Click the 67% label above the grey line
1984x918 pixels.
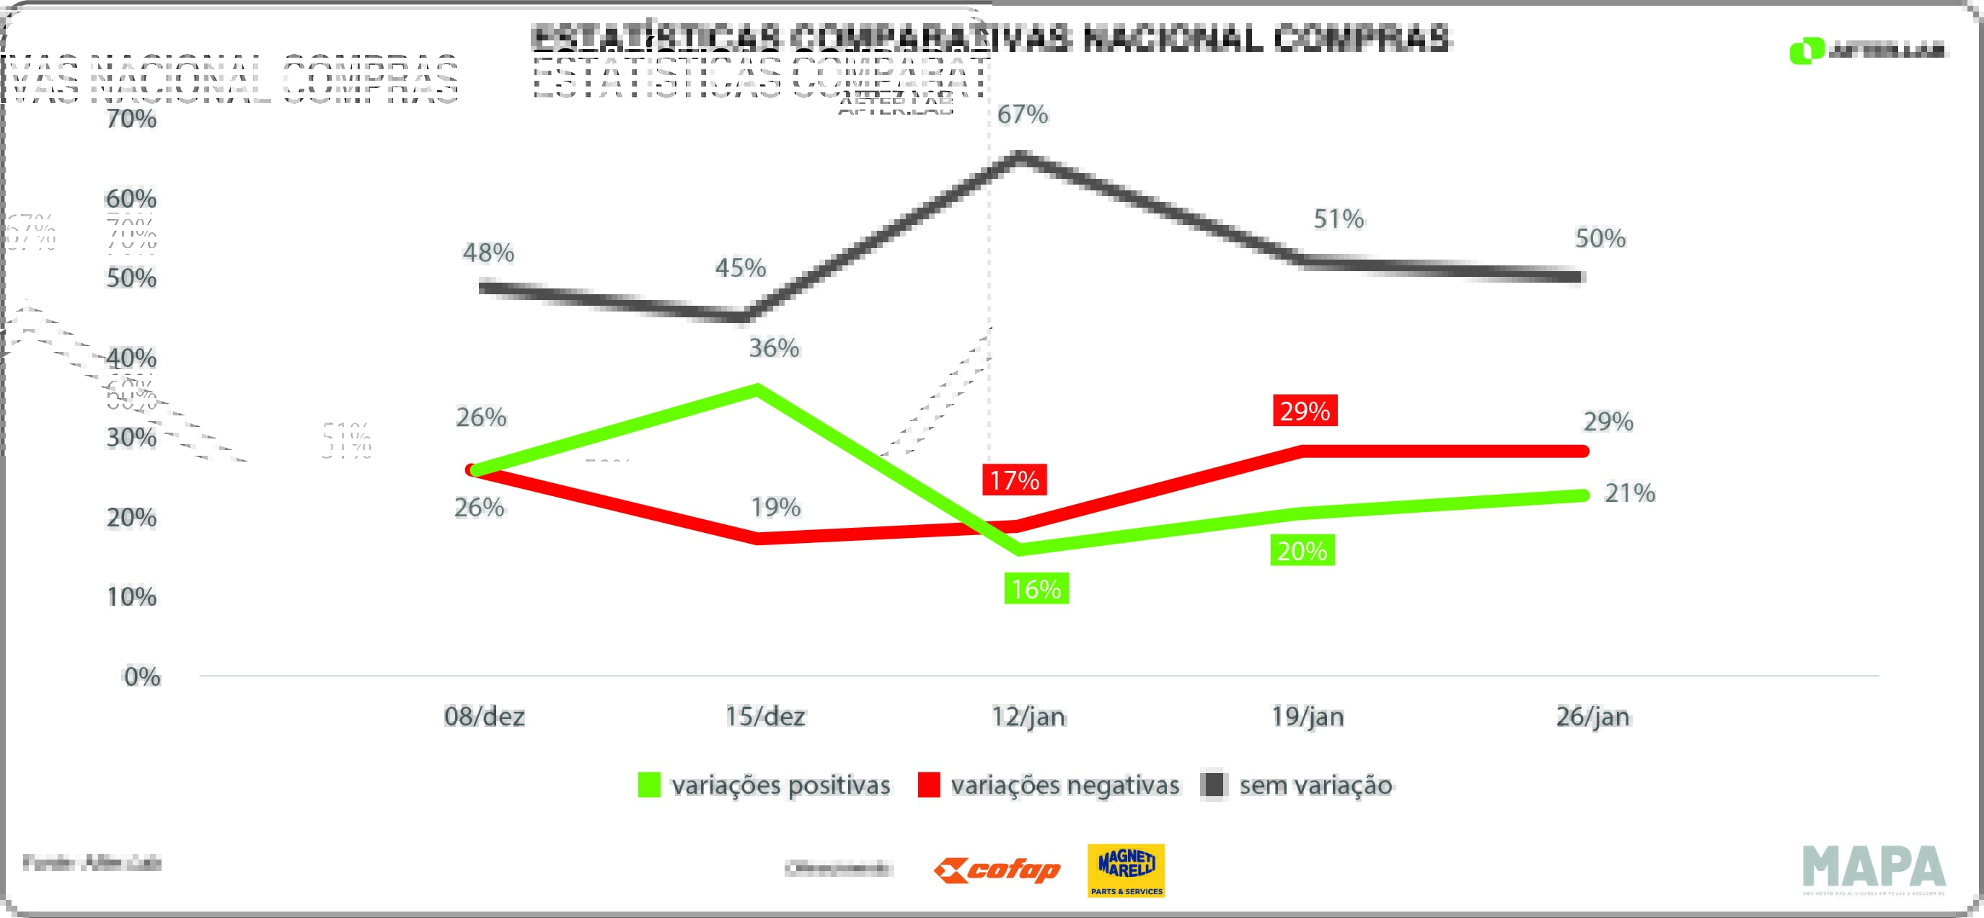tap(1022, 115)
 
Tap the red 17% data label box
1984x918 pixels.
tap(1013, 480)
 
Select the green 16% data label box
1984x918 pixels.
tap(1036, 588)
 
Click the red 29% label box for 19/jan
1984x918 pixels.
tap(1305, 410)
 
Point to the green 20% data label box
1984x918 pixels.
tap(1302, 551)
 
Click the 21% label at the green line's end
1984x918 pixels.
tap(1629, 493)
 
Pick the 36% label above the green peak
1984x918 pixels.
tap(774, 348)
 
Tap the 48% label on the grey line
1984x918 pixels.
tap(488, 252)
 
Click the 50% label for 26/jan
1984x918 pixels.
tap(1600, 239)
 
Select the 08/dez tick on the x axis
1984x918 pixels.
tap(485, 717)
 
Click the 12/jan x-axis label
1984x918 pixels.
tap(1028, 717)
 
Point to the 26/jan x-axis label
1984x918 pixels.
tap(1592, 717)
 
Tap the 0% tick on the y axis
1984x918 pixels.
tap(143, 677)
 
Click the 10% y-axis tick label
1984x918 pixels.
tap(132, 597)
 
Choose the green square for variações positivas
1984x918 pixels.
tap(649, 785)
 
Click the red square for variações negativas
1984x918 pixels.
tap(929, 785)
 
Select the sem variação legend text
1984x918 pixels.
tap(1315, 785)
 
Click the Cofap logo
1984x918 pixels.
tap(997, 871)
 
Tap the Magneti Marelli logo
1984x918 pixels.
tap(1125, 870)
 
